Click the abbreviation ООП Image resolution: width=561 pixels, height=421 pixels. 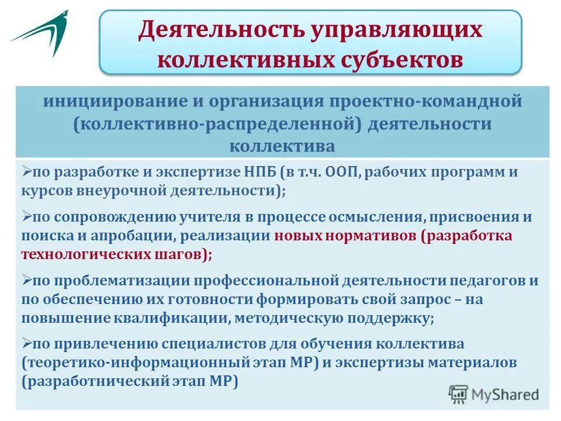[338, 174]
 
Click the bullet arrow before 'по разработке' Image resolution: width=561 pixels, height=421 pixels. [26, 172]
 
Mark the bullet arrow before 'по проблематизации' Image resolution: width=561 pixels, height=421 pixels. [26, 280]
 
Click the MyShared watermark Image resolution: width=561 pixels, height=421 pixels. [494, 394]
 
